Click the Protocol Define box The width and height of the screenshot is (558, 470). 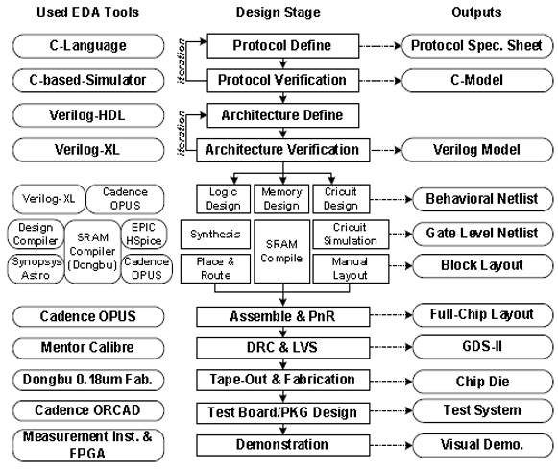pos(283,45)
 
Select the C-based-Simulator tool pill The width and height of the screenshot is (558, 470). pos(88,80)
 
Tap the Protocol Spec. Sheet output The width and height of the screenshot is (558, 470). pos(477,45)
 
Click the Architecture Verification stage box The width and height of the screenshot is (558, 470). pos(283,150)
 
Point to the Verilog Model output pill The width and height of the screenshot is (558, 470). pos(477,150)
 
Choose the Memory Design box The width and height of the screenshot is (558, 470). pos(281,199)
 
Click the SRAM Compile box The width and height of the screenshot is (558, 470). pos(281,252)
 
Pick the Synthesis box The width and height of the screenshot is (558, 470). pos(215,234)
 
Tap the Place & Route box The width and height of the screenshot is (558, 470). pos(215,268)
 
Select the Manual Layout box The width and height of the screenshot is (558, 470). pos(351,268)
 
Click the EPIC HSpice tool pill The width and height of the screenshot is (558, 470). pos(144,234)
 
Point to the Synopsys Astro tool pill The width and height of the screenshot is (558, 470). pos(36,268)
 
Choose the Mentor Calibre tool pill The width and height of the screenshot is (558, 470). pos(88,348)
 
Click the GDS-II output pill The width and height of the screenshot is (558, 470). pos(482,346)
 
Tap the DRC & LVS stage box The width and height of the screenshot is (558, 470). pos(283,348)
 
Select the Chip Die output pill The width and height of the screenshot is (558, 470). pos(482,382)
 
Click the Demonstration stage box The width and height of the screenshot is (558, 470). pos(283,445)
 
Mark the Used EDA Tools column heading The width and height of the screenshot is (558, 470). pos(88,12)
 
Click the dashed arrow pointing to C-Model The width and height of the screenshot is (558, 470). pos(380,81)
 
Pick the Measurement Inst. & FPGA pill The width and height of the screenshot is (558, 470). pos(88,445)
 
